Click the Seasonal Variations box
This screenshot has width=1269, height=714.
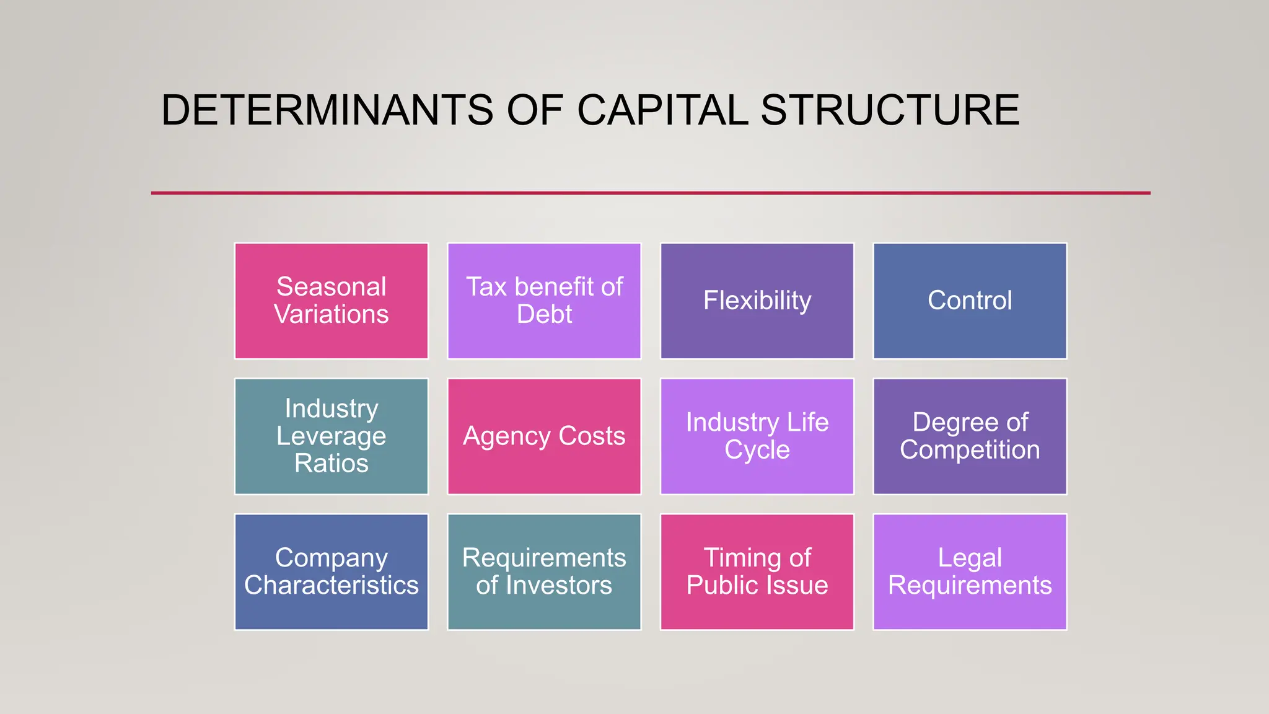(331, 301)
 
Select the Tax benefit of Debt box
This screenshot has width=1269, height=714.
(544, 301)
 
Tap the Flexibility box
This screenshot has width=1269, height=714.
(757, 301)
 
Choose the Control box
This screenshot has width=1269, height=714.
(970, 301)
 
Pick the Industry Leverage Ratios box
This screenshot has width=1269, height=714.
(331, 436)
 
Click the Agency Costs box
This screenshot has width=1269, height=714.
(544, 436)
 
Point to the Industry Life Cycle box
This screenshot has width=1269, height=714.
(757, 436)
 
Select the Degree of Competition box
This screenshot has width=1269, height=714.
(970, 436)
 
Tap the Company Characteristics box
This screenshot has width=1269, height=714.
(331, 571)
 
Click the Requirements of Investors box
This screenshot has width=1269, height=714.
(544, 571)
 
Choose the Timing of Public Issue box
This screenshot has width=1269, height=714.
(757, 571)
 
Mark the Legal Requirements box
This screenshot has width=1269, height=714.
(970, 571)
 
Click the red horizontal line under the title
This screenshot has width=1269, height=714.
(651, 193)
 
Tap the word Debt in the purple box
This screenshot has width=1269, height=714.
(544, 314)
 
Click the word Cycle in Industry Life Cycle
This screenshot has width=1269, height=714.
(757, 450)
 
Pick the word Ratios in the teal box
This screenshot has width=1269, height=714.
(331, 464)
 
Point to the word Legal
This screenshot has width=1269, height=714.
(970, 558)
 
